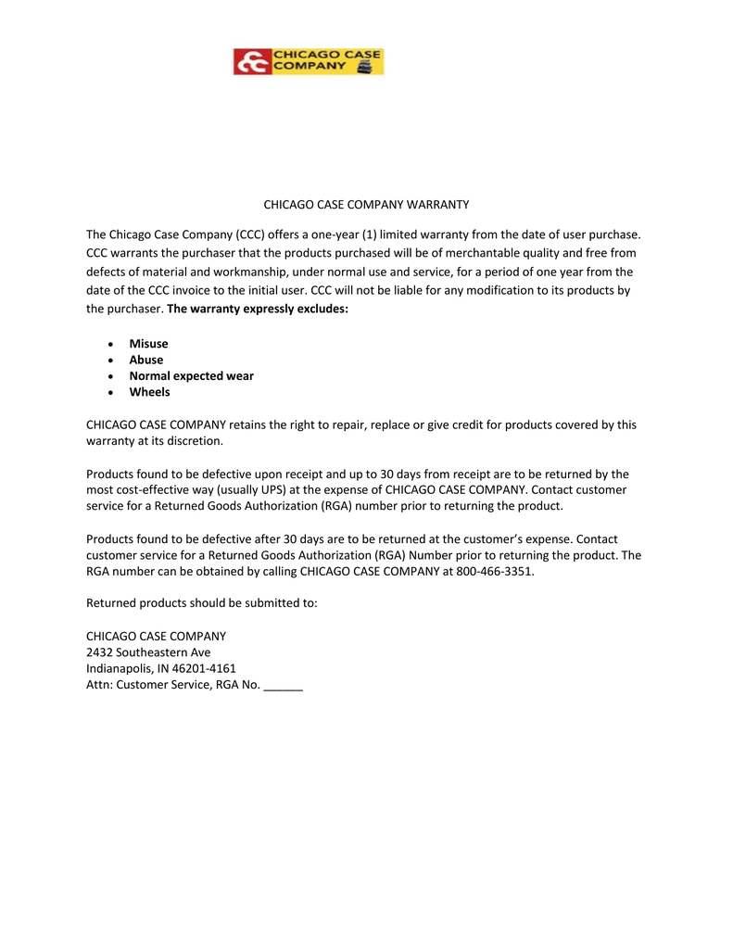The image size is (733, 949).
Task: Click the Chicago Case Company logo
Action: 308,62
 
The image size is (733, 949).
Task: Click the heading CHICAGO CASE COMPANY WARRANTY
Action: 367,204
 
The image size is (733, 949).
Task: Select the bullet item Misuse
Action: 148,344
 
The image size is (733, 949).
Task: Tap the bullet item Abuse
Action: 145,360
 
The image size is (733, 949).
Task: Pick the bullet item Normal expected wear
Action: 191,376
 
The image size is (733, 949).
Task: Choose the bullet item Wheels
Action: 149,392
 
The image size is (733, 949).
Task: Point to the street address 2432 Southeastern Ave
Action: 148,652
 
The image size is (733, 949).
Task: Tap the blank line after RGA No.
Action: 284,686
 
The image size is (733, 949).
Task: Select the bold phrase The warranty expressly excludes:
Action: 258,309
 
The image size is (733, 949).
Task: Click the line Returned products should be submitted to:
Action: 202,603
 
